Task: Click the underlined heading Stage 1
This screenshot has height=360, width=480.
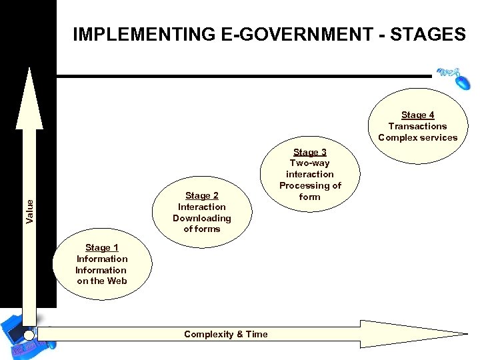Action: point(97,247)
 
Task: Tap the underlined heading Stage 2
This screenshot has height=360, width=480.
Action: point(201,195)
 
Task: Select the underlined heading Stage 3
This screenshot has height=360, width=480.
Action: point(309,152)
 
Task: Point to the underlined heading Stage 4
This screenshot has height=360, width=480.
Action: point(417,115)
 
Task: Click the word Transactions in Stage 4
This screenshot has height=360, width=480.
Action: point(417,126)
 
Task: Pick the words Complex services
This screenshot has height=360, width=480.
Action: point(417,137)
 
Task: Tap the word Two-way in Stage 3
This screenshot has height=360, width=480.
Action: point(309,163)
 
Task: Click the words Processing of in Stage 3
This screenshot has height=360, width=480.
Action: point(310,185)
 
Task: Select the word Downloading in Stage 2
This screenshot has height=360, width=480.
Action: point(201,218)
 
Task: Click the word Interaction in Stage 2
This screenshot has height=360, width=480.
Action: point(201,207)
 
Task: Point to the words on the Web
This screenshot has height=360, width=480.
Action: point(101,281)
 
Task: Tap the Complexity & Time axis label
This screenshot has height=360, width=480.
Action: point(225,334)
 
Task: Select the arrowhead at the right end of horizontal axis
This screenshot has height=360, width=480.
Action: point(433,333)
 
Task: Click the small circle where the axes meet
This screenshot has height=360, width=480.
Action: point(29,335)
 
